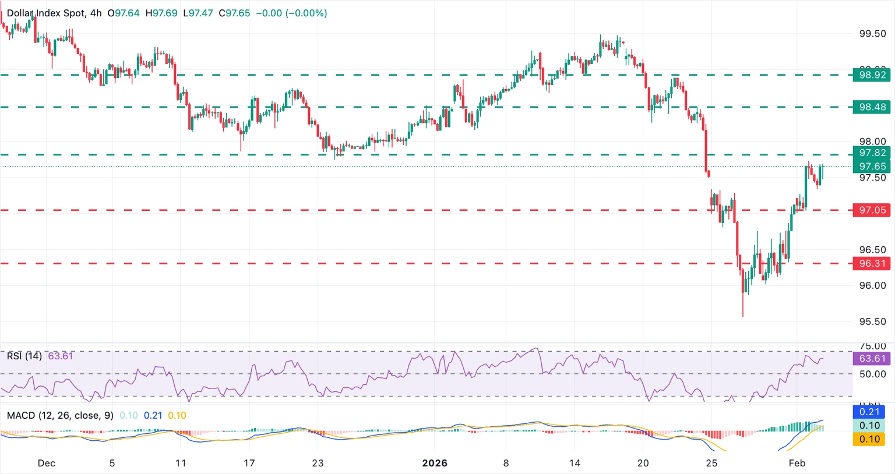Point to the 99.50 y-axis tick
click(x=872, y=34)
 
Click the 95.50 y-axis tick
click(x=872, y=321)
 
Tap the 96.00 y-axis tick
click(x=872, y=285)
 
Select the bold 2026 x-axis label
click(x=435, y=464)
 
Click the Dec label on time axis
click(x=46, y=464)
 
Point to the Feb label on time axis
click(x=797, y=464)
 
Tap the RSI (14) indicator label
click(x=24, y=356)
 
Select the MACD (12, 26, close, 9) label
click(x=60, y=415)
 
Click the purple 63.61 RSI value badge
click(x=871, y=359)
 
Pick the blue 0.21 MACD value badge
click(x=869, y=412)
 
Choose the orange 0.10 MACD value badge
click(x=869, y=439)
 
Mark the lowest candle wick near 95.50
click(x=743, y=314)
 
